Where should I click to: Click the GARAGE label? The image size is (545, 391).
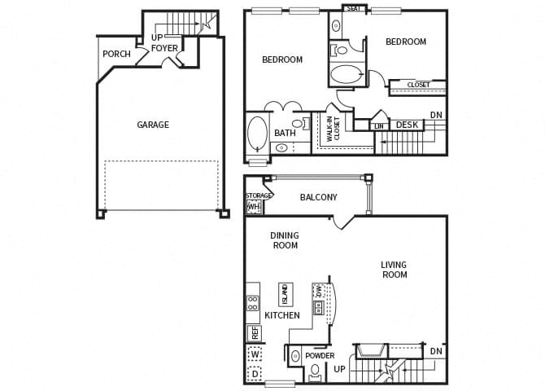(153, 125)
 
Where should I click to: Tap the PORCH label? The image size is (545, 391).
(116, 55)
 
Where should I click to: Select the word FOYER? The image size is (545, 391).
(164, 48)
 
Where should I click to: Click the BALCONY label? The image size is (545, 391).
(318, 197)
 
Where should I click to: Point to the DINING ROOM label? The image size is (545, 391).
(285, 240)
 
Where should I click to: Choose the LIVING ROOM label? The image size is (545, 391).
(395, 270)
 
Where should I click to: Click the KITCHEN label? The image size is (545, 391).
(282, 315)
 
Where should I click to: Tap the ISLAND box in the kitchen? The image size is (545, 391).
(286, 292)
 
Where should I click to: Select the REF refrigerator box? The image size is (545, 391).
(255, 332)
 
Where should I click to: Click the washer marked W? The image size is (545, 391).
(255, 355)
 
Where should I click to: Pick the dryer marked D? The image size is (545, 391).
(255, 375)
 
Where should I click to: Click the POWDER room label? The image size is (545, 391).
(320, 356)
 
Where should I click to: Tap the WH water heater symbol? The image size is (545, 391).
(254, 207)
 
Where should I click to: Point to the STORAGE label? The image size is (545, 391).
(259, 195)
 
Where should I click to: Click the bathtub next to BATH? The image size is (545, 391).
(257, 134)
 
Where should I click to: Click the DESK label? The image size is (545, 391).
(407, 125)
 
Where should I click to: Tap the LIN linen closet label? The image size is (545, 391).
(380, 125)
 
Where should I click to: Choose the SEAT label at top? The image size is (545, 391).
(354, 9)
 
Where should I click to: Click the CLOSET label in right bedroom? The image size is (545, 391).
(418, 85)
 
